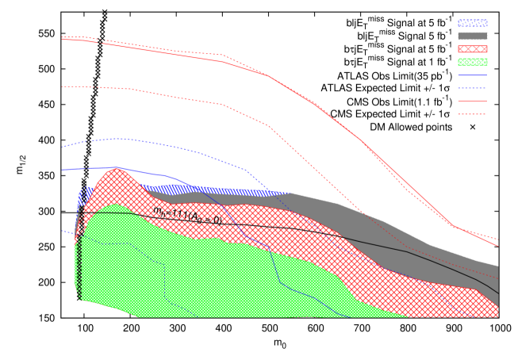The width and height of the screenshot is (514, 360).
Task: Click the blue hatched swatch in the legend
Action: [x=472, y=23]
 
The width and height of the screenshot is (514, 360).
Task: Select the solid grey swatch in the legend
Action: [x=472, y=36]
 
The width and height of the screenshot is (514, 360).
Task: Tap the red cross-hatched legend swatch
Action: [x=472, y=49]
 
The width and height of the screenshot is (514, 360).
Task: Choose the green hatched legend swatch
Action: [x=472, y=62]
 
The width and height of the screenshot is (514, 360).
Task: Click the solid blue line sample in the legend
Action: [x=472, y=75]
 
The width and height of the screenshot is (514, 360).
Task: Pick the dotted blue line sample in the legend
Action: [x=472, y=88]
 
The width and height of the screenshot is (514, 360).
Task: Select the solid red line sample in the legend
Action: [x=472, y=101]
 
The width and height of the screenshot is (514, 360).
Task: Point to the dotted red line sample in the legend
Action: [x=472, y=114]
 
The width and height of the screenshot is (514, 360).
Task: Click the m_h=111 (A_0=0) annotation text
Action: [x=187, y=215]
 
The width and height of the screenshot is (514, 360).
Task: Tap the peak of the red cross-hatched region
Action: [x=117, y=169]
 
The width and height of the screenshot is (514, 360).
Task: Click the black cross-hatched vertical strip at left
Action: [x=79, y=254]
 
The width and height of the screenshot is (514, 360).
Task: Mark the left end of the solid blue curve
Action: [x=62, y=170]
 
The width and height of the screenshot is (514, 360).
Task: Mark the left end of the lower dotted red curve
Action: [x=62, y=86]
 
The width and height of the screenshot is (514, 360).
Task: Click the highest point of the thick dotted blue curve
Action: [x=119, y=139]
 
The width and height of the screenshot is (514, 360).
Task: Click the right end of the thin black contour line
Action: [x=498, y=294]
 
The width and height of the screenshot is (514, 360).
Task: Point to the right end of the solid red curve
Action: [x=498, y=246]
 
